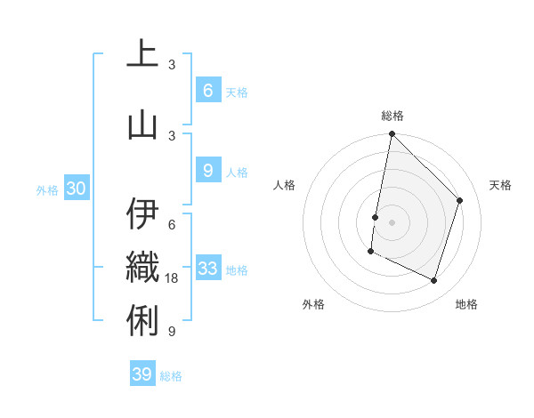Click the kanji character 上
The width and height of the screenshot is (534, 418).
(x=142, y=55)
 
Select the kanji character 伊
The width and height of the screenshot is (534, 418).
(x=142, y=214)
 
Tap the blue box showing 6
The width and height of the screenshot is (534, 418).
(x=207, y=90)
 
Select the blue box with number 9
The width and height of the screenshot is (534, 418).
(x=207, y=170)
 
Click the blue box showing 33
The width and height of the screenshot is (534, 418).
(x=208, y=268)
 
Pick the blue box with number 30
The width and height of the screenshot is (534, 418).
(x=76, y=189)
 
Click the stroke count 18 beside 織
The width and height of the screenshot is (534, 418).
(x=173, y=278)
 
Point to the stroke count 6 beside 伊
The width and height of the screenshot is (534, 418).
(x=171, y=224)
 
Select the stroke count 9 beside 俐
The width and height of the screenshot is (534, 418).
(x=171, y=332)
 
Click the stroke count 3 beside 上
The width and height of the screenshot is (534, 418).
(x=171, y=65)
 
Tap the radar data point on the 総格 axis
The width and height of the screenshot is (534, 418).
(x=392, y=134)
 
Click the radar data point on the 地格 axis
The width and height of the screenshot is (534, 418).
(x=434, y=281)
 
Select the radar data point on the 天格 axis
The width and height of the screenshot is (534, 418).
(x=460, y=200)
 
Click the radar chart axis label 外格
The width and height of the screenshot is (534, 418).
(x=313, y=304)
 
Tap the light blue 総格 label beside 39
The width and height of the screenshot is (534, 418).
(x=171, y=376)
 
